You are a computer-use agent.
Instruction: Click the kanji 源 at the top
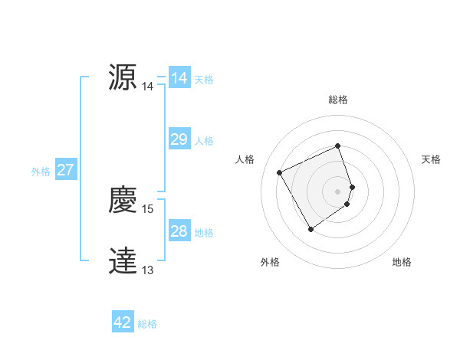123,77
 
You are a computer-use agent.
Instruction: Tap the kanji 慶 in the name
123,201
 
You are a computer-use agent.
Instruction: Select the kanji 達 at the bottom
123,261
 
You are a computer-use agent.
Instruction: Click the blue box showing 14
179,78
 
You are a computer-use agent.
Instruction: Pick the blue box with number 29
179,139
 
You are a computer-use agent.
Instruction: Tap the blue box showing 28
179,231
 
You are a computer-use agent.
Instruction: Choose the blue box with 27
65,170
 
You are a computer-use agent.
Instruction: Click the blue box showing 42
123,322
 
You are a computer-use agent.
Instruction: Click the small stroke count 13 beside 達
148,270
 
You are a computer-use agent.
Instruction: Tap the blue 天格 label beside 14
204,80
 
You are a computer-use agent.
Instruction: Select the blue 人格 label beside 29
204,141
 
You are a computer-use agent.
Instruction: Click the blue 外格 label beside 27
41,172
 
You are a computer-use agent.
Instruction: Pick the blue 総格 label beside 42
147,324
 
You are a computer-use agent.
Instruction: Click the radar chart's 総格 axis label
338,100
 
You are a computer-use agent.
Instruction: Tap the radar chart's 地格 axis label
402,262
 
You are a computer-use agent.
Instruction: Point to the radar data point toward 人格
280,172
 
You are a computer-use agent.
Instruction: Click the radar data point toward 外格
310,229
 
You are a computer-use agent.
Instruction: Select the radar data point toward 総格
338,146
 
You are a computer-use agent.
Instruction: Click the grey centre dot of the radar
338,190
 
